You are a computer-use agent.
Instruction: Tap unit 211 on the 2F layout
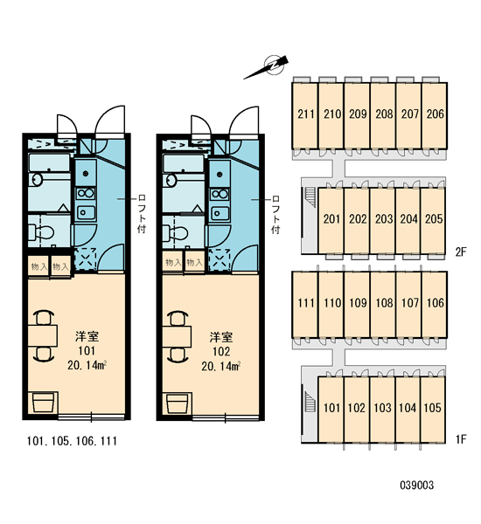[x=305, y=114]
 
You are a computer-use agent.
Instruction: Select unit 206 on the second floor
[x=435, y=114]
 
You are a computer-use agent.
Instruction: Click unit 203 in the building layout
[x=382, y=220]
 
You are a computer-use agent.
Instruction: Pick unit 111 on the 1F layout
[x=305, y=304]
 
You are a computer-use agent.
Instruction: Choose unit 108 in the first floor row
[x=383, y=304]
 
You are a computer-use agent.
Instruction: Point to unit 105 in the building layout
[x=433, y=409]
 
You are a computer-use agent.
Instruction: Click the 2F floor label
[x=461, y=252]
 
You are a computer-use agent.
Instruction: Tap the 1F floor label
[x=461, y=438]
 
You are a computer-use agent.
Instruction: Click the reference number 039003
[x=417, y=485]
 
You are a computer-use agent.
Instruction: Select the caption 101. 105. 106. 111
[x=72, y=441]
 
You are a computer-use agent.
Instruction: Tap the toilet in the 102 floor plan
[x=175, y=232]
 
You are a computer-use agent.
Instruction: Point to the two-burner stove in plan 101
[x=86, y=194]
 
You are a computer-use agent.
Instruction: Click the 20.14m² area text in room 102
[x=221, y=366]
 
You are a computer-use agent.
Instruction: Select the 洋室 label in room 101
[x=87, y=336]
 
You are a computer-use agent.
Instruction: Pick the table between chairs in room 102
[x=177, y=337]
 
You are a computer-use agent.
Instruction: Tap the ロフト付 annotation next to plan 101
[x=142, y=214]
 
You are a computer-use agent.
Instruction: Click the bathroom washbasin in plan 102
[x=171, y=181]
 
